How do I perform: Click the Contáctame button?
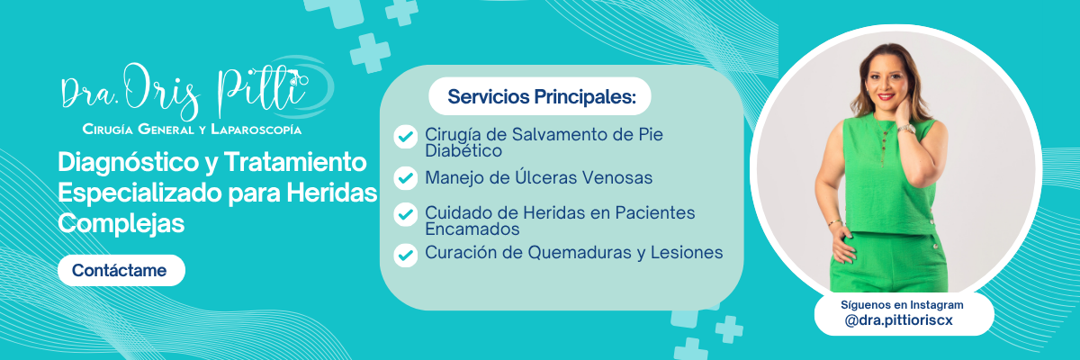pos(121,270)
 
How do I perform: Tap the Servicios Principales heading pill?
pos(539,96)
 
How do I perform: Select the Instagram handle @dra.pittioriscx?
pos(898,321)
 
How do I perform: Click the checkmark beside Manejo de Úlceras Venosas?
pos(406,178)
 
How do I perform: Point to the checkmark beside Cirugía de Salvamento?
pos(406,137)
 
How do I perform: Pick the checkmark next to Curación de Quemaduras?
pos(406,256)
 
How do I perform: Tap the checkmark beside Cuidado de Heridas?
pos(406,214)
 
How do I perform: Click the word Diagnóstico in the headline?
pos(128,162)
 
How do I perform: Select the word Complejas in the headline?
pos(121,223)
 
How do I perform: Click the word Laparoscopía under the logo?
pos(256,130)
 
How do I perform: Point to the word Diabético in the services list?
pos(463,151)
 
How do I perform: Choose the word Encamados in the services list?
pos(472,229)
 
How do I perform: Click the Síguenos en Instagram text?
pos(902,305)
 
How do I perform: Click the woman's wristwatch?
pos(906,129)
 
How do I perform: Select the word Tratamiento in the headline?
pos(295,162)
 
